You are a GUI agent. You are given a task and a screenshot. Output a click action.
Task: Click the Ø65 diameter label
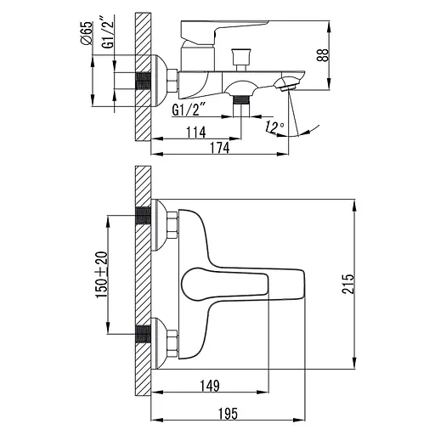pos(87,33)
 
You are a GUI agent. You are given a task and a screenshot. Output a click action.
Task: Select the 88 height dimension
pos(323,55)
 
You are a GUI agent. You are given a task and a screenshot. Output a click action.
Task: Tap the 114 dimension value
pos(196,133)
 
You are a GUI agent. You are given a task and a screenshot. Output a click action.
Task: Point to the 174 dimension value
pos(220,148)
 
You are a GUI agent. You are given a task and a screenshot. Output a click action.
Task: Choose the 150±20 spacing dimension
pos(102,274)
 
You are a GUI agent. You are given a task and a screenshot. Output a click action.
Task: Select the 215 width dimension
pos(347,284)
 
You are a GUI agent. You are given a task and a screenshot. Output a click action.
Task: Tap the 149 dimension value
pos(210,386)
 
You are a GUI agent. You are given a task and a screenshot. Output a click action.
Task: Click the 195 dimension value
pos(228,414)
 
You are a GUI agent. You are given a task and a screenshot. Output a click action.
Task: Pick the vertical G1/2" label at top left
pos(108,32)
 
